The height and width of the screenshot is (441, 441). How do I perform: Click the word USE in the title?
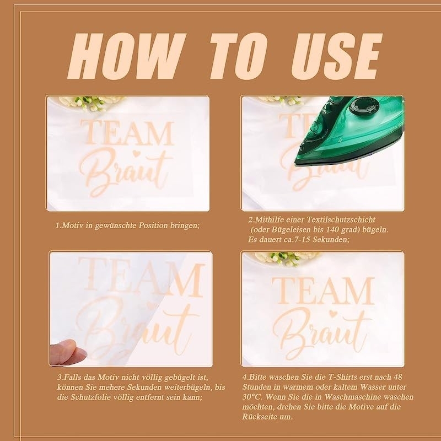point(337,56)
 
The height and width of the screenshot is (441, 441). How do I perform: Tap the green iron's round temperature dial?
point(364,106)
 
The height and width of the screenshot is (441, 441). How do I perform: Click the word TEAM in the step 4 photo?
point(323,291)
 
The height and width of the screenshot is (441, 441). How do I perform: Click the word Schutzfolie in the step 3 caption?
point(89,397)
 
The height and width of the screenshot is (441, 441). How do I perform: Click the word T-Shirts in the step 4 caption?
point(342,377)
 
